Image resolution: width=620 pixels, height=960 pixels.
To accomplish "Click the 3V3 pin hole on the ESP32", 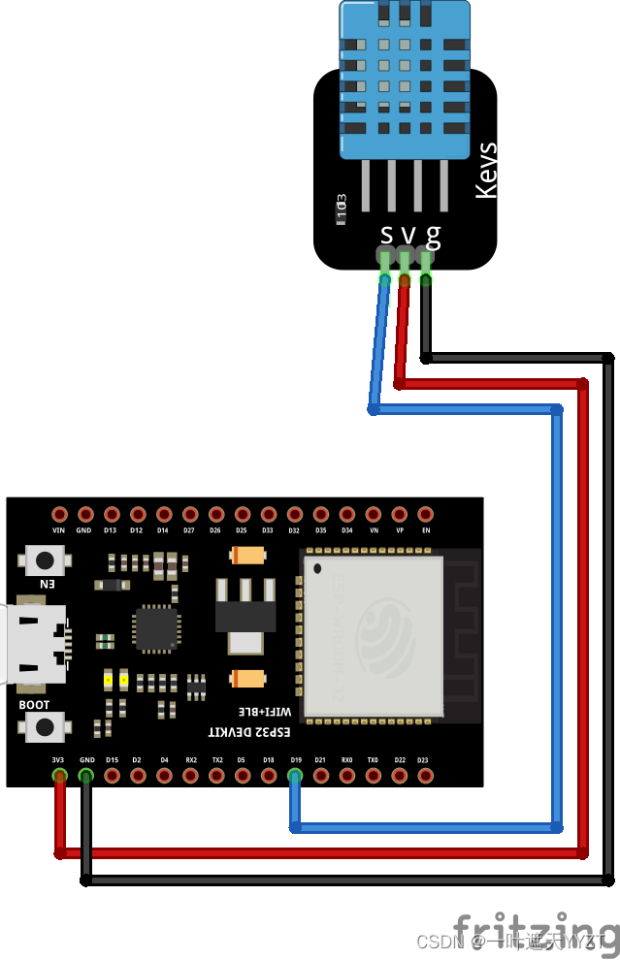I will [59, 775].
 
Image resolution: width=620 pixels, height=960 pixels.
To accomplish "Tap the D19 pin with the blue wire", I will [295, 775].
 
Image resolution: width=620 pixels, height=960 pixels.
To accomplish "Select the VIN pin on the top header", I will [59, 514].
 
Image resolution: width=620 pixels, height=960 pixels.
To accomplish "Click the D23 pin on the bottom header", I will [425, 775].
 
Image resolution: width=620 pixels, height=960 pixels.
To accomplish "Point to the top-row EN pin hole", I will [425, 514].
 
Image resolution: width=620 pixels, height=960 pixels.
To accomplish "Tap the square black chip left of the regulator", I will [156, 627].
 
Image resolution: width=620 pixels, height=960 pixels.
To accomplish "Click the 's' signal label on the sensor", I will [386, 234].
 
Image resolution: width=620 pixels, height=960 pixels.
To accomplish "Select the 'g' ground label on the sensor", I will [433, 234].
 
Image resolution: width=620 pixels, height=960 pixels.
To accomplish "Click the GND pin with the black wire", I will [85, 775].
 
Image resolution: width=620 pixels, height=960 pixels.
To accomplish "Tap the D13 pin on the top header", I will [112, 514].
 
